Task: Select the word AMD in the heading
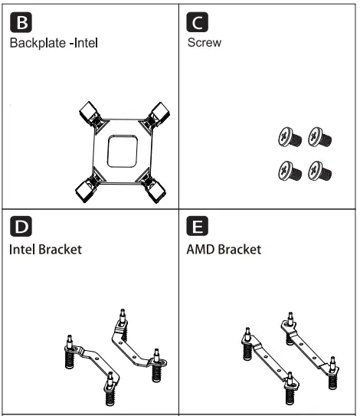(201, 251)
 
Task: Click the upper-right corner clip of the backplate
(159, 115)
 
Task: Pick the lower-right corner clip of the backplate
(159, 188)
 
